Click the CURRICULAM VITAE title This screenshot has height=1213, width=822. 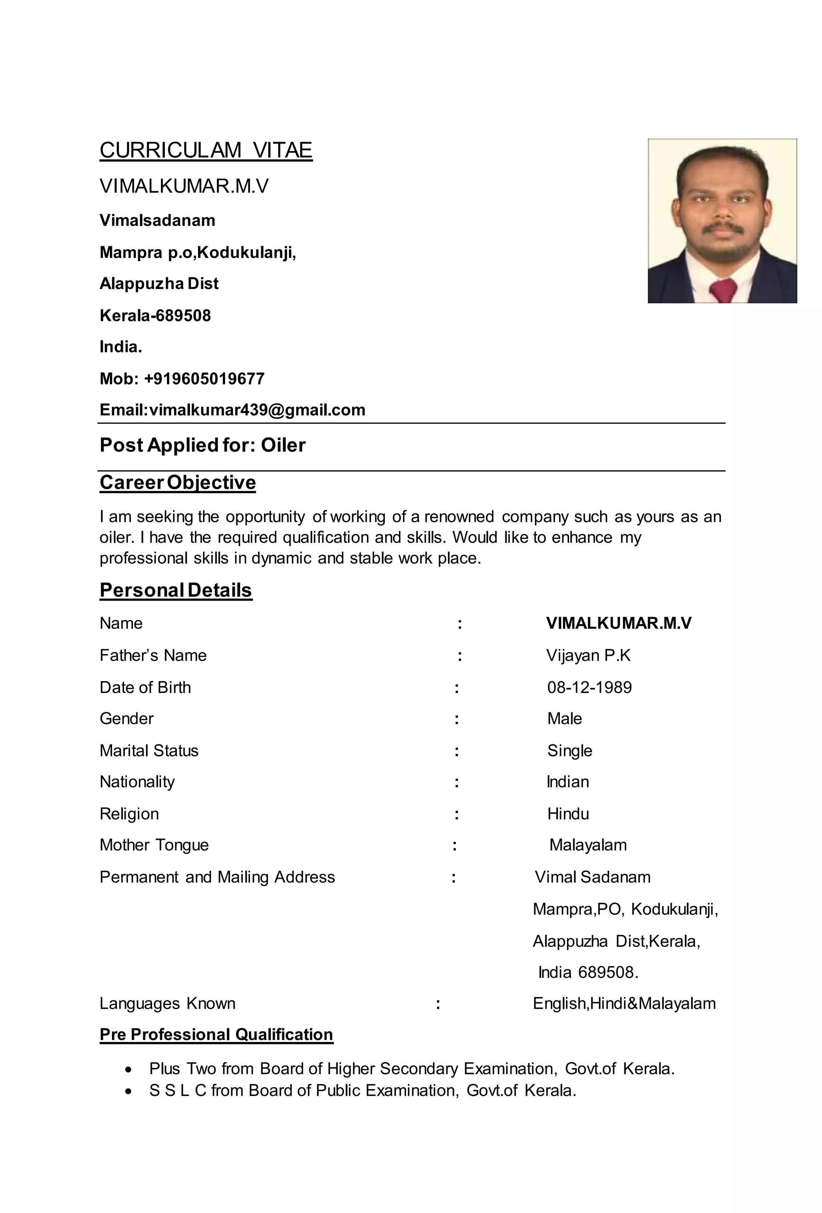tap(206, 150)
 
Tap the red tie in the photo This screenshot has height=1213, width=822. tap(723, 290)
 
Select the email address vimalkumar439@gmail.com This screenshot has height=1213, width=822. tap(257, 410)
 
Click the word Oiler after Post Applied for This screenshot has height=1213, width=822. tap(283, 445)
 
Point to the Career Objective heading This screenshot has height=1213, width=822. tap(177, 482)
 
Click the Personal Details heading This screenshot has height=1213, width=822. tap(176, 590)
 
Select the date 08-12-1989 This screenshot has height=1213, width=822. tap(589, 687)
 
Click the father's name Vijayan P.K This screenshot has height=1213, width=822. tap(588, 656)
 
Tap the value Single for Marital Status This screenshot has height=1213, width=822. tap(569, 751)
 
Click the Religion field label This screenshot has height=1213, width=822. tap(129, 814)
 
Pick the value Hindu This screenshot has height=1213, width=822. tap(568, 814)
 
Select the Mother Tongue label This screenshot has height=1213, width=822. tap(154, 845)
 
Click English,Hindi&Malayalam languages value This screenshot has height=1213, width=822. tap(624, 1003)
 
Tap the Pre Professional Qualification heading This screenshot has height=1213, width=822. tap(216, 1034)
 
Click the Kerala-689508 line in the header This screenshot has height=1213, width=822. tap(155, 316)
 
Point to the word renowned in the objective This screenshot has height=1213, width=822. tap(458, 517)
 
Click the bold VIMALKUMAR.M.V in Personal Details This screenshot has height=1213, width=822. tap(619, 623)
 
